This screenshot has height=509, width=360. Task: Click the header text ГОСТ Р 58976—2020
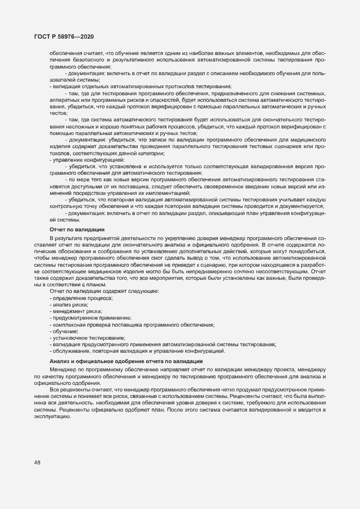coord(63,36)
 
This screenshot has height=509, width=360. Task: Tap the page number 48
coord(37,462)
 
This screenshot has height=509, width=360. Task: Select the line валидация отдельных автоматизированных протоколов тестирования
coord(142,87)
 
